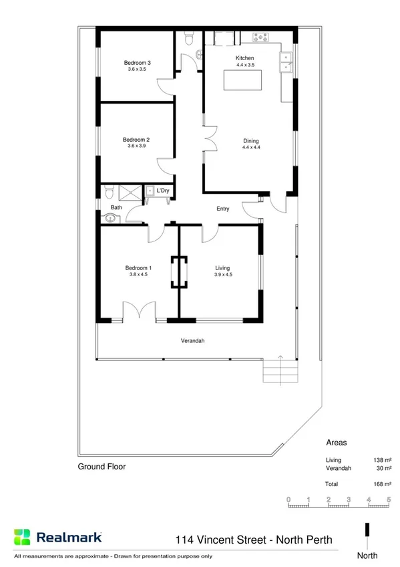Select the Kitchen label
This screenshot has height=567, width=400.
[245, 58]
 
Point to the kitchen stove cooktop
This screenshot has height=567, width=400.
[260, 38]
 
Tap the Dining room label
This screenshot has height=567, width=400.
[250, 140]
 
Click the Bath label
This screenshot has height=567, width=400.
[116, 208]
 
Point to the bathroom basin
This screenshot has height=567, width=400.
[110, 217]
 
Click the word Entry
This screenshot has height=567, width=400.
[223, 209]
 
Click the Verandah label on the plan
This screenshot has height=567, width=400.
[192, 341]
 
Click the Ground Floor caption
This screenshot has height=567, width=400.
[102, 467]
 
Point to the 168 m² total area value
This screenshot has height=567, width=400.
[381, 483]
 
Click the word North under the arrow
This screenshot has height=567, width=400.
[367, 556]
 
